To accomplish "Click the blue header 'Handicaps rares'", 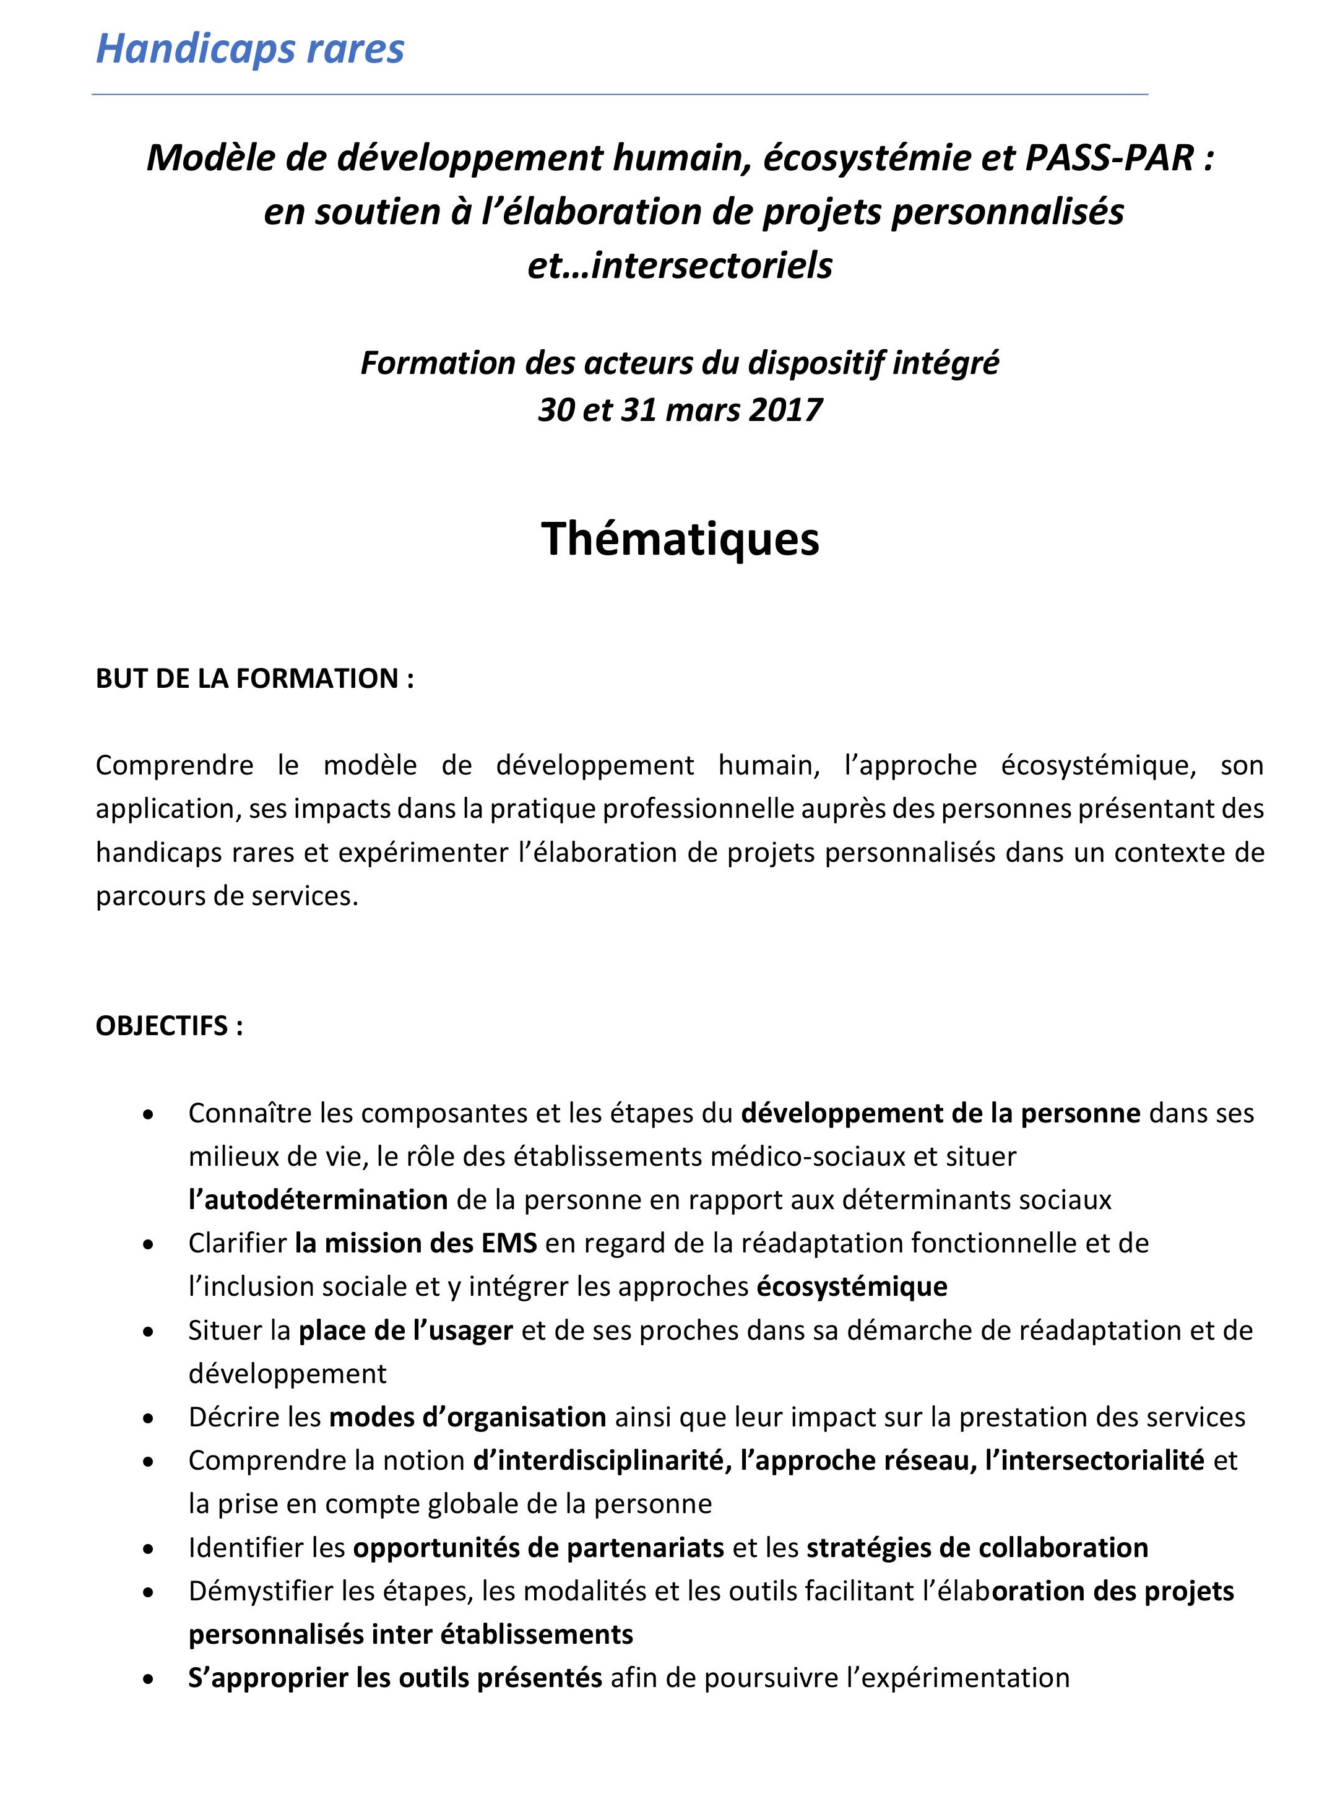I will [x=250, y=49].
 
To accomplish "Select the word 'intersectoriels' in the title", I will [x=711, y=265].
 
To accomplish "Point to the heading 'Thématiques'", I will [x=680, y=539].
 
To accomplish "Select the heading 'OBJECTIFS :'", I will [x=170, y=1026].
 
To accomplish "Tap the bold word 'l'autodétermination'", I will [x=318, y=1200].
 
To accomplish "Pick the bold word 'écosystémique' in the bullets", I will [x=852, y=1286].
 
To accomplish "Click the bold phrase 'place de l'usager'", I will [x=405, y=1330].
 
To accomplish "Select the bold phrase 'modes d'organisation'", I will [x=467, y=1417].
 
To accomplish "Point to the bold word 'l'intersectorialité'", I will [x=1094, y=1460].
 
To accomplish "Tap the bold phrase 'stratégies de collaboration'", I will [x=977, y=1548].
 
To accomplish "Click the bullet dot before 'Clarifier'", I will [x=148, y=1244].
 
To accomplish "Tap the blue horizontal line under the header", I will [x=620, y=95].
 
